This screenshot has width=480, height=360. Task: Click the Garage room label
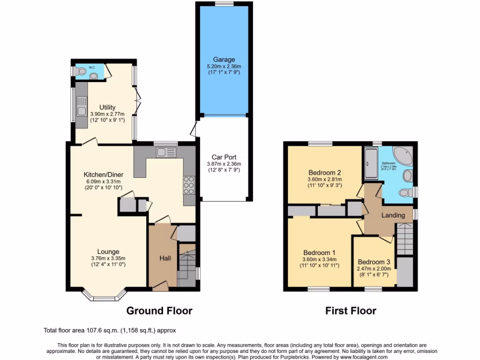224,60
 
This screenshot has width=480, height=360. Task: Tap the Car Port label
224,157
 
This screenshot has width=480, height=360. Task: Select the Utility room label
107,107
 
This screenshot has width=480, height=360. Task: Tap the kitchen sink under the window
165,152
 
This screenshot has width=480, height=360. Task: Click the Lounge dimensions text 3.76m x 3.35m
108,258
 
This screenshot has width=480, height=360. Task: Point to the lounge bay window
105,296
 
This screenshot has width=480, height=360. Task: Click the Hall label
165,258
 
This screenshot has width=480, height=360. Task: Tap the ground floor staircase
187,265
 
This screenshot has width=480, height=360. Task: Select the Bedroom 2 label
324,172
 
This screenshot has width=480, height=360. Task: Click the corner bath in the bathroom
402,155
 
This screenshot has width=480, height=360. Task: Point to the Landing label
393,215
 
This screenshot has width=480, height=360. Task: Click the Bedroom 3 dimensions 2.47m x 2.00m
374,269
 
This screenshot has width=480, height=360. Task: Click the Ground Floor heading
159,311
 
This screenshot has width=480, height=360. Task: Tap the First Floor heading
351,311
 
